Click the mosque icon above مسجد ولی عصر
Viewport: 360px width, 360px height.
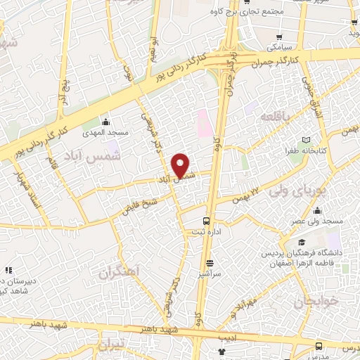click(318, 210)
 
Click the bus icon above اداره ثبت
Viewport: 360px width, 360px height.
click(206, 219)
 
